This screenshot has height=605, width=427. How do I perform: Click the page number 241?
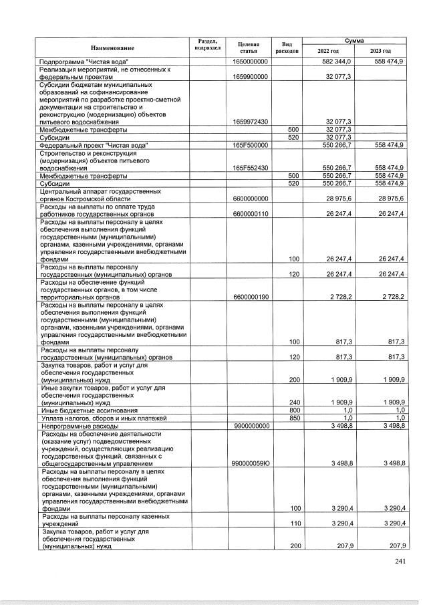pos(400,561)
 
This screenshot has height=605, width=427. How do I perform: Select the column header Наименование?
pos(112,47)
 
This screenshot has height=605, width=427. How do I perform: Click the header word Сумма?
pos(354,41)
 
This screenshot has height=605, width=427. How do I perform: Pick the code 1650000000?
pos(251,62)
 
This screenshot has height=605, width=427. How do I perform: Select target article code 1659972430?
pos(251,122)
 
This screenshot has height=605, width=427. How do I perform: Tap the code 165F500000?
pos(251,144)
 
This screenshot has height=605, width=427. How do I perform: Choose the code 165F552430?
pos(251,167)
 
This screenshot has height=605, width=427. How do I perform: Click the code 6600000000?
pos(251,199)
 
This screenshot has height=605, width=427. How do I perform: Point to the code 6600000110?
pos(251,214)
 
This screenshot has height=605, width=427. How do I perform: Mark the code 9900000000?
pos(251,425)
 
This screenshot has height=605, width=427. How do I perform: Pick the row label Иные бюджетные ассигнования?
pos(90,410)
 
